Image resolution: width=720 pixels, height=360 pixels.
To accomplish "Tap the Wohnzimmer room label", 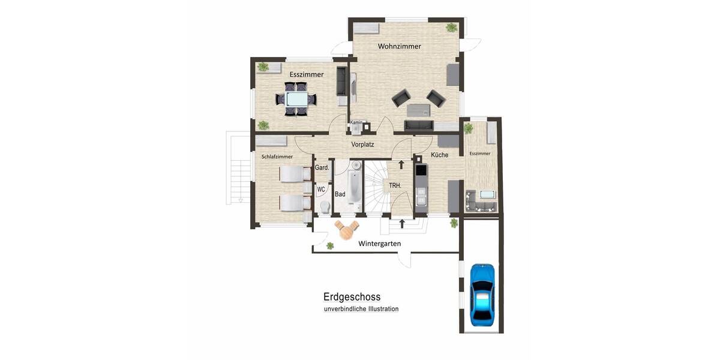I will click(x=399, y=46).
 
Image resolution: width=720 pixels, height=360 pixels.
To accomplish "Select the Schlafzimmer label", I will click(x=277, y=157).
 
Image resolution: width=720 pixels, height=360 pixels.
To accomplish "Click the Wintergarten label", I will click(x=379, y=244).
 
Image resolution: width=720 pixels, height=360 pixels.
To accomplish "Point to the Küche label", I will click(x=439, y=155).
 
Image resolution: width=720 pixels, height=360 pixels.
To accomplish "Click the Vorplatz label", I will click(x=362, y=145).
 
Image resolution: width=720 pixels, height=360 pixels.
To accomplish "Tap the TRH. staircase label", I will click(x=395, y=186).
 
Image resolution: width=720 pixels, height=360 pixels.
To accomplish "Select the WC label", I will click(x=321, y=190).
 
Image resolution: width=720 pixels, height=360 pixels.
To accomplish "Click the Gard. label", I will click(x=322, y=168).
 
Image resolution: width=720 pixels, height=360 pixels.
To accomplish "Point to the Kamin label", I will click(x=356, y=122).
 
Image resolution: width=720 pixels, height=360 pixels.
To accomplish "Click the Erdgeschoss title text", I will click(x=352, y=296).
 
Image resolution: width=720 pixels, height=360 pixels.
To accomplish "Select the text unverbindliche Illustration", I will click(x=361, y=309).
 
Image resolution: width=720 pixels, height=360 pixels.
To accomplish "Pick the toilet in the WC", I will click(x=325, y=207).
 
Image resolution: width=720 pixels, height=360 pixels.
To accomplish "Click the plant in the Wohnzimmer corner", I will click(x=451, y=27).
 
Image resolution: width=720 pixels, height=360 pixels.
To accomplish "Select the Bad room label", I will click(x=340, y=194).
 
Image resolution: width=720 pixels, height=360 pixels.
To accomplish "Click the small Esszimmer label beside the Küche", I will click(x=480, y=154).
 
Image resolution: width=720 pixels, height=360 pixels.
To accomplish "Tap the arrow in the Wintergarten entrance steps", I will click(x=401, y=224).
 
